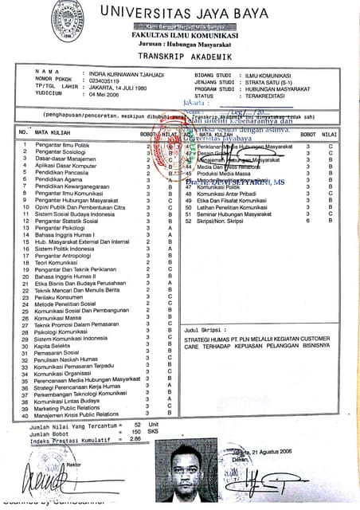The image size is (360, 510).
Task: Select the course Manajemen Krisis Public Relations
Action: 76,414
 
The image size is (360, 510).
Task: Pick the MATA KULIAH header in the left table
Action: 53,133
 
